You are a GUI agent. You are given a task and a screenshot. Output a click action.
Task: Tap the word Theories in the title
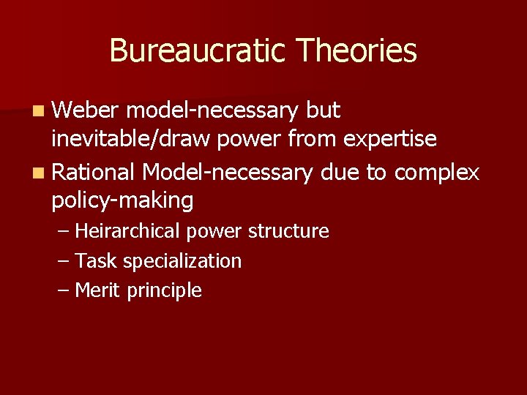point(357,51)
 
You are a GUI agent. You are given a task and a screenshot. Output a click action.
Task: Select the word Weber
point(85,110)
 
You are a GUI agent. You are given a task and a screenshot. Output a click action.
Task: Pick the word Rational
point(94,172)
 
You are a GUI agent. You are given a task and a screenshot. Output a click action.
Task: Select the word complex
point(437,173)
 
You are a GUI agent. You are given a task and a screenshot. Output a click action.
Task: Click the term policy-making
point(122,200)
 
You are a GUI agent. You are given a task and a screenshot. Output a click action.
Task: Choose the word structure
point(288,232)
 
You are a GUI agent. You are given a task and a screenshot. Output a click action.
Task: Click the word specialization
point(182,261)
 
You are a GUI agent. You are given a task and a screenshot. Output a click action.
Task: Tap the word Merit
point(98,290)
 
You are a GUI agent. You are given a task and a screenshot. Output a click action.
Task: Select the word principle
point(165,291)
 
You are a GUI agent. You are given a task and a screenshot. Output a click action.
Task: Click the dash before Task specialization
point(64,261)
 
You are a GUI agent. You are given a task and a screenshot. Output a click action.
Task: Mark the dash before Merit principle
point(64,290)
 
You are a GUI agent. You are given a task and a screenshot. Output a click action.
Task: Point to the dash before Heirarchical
point(64,232)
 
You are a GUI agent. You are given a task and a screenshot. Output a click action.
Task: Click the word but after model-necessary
point(323,110)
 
